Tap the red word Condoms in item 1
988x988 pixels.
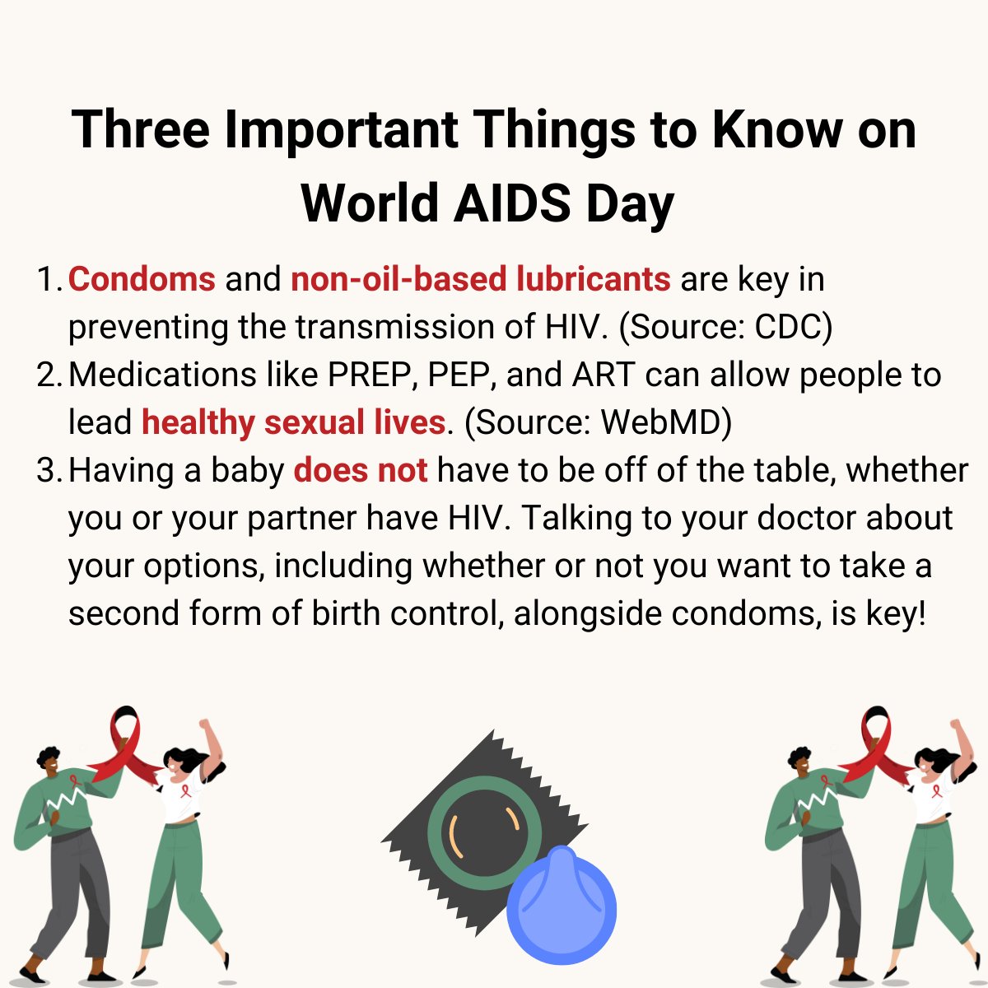142,279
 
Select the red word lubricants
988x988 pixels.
593,279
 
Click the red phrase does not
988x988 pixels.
361,470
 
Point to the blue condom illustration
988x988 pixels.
561,906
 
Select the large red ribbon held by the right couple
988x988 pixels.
875,745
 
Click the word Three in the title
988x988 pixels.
141,130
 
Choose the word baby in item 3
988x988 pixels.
247,470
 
